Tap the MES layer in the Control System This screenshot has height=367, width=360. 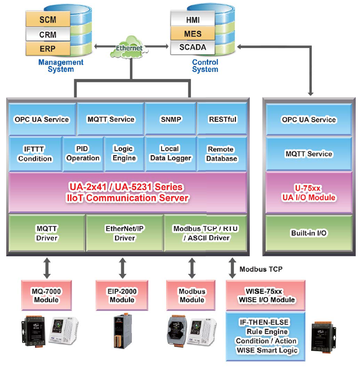pyautogui.click(x=193, y=34)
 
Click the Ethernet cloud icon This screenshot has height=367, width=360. pyautogui.click(x=129, y=47)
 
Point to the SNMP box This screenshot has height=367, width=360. pyautogui.click(x=170, y=119)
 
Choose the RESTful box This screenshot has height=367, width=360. pyautogui.click(x=222, y=119)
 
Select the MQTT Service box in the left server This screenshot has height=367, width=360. pyautogui.click(x=111, y=119)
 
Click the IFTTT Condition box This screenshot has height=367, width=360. pyautogui.click(x=35, y=154)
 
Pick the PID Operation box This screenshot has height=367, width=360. pyautogui.click(x=83, y=154)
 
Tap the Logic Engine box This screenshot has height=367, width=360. pyautogui.click(x=123, y=154)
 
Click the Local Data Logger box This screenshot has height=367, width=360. pyautogui.click(x=170, y=154)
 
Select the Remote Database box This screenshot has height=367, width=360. pyautogui.click(x=222, y=154)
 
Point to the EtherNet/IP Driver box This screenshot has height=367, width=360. pyautogui.click(x=125, y=233)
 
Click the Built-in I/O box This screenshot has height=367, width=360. pyautogui.click(x=309, y=233)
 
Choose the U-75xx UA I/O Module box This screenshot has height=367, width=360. pyautogui.click(x=309, y=192)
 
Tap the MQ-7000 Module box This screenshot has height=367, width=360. pyautogui.click(x=46, y=295)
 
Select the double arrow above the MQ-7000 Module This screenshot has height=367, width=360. pyautogui.click(x=46, y=268)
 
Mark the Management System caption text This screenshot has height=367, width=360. pyautogui.click(x=61, y=66)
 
